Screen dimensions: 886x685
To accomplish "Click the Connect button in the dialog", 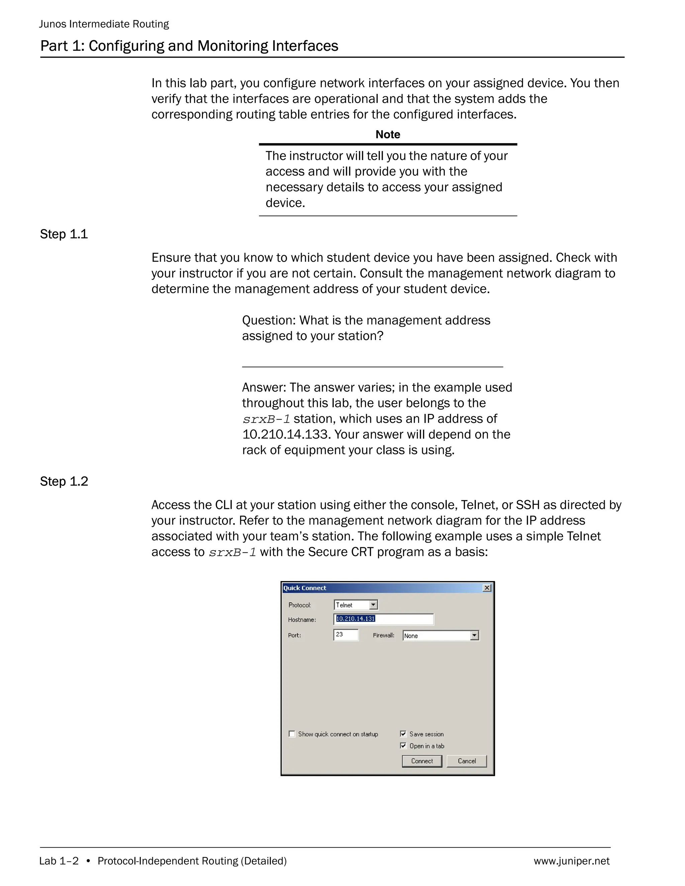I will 422,761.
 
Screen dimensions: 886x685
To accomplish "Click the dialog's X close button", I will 487,588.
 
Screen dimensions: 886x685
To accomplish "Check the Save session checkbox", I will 403,734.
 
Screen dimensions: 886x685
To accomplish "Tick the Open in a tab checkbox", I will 403,746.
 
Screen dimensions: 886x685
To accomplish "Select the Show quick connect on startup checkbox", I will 292,734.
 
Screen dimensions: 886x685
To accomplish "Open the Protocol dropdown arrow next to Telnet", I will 373,605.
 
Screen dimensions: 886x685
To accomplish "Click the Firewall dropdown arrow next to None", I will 474,636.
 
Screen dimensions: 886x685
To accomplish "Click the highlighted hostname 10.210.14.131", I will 356,619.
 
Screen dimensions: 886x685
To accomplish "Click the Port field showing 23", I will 346,635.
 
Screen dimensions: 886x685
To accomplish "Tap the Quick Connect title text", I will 305,588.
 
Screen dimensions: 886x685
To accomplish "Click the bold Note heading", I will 388,135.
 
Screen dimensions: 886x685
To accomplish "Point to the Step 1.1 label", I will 64,234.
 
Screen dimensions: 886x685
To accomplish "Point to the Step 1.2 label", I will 64,481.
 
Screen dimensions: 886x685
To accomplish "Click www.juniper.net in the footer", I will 571,861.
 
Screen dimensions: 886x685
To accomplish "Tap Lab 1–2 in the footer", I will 59,861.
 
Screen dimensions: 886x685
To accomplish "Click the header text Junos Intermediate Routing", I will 104,24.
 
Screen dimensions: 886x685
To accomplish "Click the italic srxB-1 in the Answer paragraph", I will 266,419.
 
